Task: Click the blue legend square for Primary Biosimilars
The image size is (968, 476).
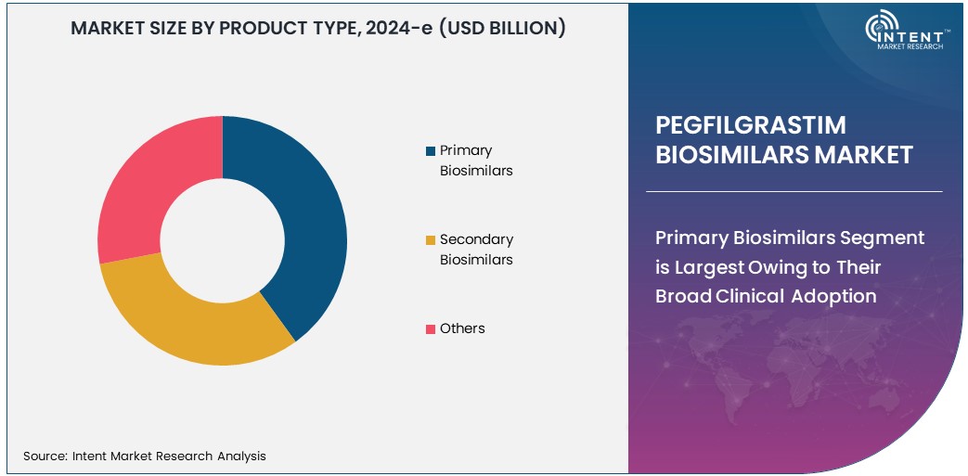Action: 430,151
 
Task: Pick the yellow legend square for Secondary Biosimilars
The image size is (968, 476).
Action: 430,240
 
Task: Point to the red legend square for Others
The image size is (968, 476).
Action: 430,329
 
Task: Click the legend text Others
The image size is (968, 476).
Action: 462,328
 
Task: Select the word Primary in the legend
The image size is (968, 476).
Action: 466,150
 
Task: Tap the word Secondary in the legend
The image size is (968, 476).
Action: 476,239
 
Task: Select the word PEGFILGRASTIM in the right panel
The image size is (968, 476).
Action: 751,125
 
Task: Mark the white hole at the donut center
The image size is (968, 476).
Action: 223,240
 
